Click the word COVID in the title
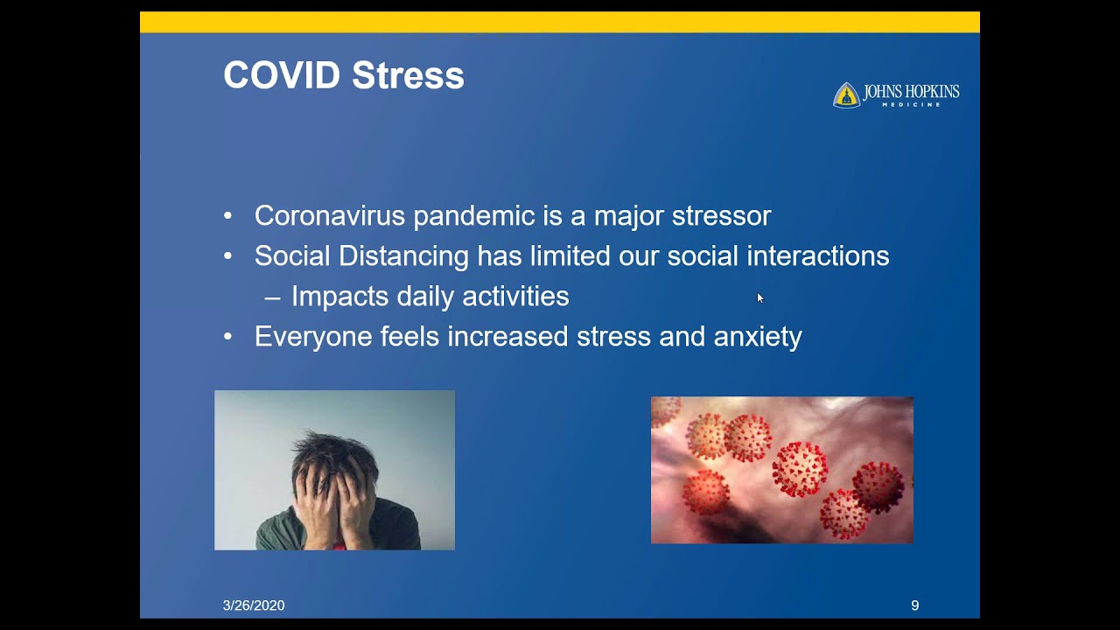282,75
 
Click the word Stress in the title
408,75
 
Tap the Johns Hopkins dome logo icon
846,95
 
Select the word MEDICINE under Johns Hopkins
911,104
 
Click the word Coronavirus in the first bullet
330,215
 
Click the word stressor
722,216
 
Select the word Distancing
403,256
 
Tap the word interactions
818,256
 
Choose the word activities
515,296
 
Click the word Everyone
313,337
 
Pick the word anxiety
758,337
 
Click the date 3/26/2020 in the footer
254,605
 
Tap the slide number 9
915,605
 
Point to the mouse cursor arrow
760,298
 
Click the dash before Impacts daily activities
272,299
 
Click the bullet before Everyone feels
228,337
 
